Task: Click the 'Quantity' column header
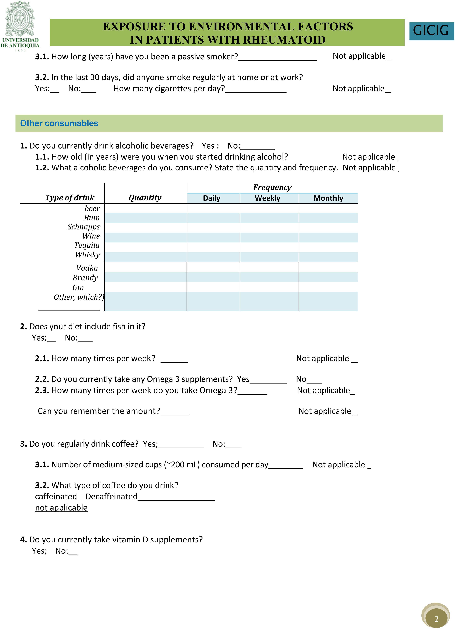145,198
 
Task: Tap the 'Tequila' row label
87,245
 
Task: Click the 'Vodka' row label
87,268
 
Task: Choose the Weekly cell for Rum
269,218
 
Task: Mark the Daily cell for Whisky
213,257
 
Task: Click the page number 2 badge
436,619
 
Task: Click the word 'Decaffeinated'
111,496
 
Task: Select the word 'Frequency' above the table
272,188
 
